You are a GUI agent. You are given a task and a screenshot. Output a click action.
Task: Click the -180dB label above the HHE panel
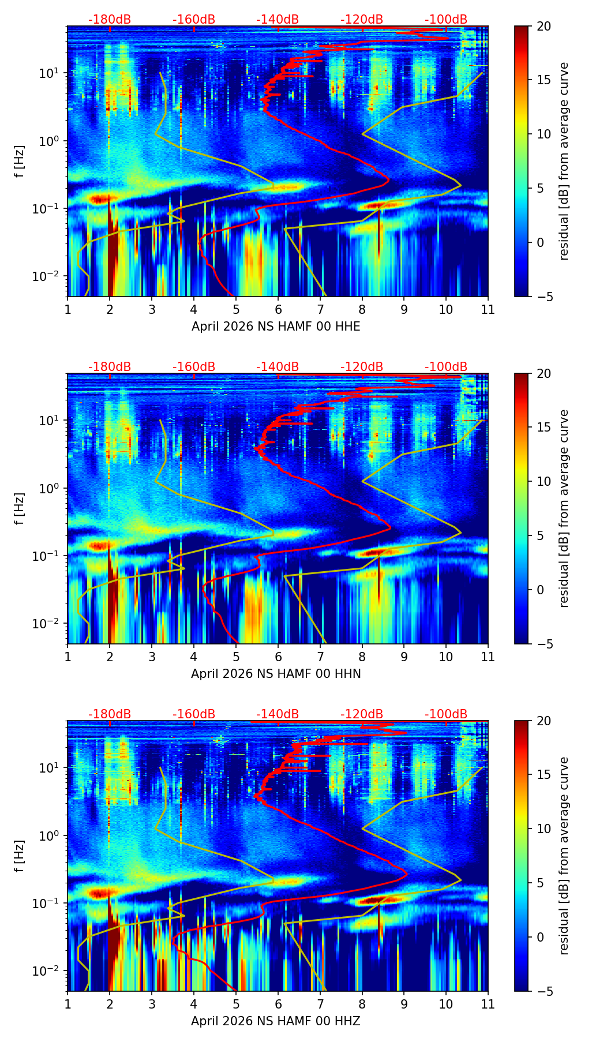click(x=110, y=20)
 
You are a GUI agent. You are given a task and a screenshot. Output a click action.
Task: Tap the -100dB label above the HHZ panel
click(x=446, y=714)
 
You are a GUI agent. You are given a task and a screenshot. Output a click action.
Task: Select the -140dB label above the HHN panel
click(x=278, y=367)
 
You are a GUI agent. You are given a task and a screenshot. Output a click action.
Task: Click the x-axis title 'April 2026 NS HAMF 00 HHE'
click(x=276, y=327)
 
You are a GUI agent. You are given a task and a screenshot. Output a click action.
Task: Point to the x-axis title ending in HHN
click(x=276, y=674)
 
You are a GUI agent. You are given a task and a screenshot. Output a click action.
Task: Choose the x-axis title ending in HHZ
click(x=276, y=1021)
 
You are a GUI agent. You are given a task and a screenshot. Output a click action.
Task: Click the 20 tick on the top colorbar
click(x=543, y=27)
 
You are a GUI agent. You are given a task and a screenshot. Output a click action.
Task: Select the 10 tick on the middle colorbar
click(x=543, y=481)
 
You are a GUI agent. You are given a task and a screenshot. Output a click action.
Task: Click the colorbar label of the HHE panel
click(x=564, y=161)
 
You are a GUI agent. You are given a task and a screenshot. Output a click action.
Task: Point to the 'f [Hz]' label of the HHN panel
click(x=20, y=508)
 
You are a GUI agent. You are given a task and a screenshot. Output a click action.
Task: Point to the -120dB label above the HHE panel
click(x=362, y=20)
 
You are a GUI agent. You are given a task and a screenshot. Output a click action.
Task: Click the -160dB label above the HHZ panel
click(x=194, y=714)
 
